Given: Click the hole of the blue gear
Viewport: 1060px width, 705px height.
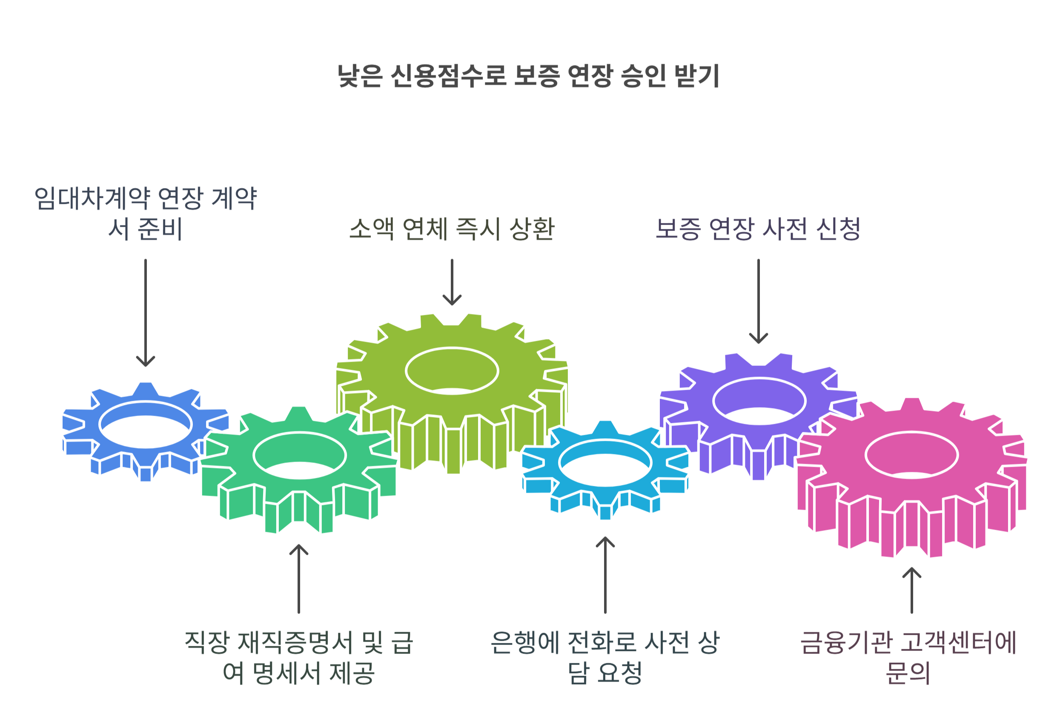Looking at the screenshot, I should pos(145,425).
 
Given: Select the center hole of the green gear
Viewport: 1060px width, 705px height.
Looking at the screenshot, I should pos(300,455).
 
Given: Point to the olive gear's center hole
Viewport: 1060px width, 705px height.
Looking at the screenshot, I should pos(452,371).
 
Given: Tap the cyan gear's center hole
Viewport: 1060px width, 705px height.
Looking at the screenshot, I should pos(605,462).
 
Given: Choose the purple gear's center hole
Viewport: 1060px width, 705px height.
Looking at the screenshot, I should pos(759,401).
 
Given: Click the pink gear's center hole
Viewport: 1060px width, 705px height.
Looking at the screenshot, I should pos(911,455).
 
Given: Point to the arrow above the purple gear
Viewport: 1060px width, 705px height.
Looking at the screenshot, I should pos(758,301).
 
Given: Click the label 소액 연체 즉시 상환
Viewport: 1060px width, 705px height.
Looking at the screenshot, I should pos(452,229).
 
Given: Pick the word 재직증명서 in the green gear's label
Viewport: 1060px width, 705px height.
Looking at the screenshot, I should pos(295,643).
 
